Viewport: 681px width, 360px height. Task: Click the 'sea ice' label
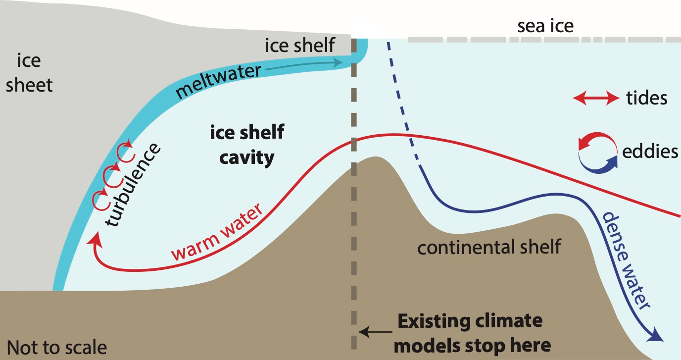tap(545, 26)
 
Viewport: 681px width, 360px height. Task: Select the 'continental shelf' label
tap(489, 246)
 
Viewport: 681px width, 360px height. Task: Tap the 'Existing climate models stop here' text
tap(470, 332)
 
